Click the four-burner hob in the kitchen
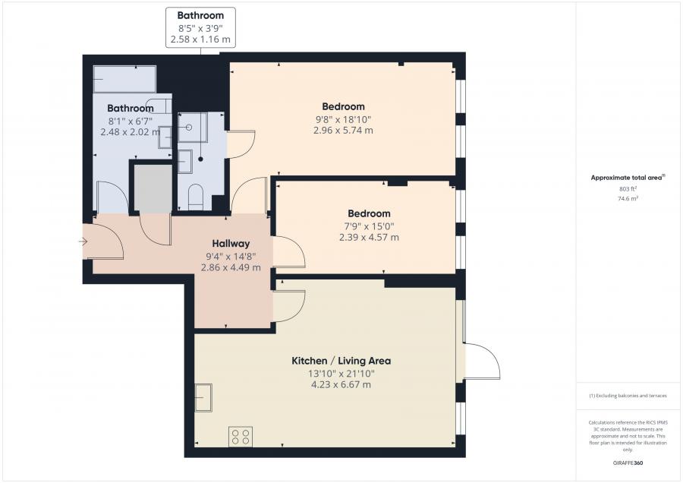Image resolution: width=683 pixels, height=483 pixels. click(x=241, y=437)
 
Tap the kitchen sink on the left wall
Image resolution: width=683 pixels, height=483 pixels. click(x=204, y=397)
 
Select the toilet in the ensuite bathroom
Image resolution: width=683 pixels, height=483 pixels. click(x=194, y=196)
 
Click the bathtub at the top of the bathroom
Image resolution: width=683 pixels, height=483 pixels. click(x=124, y=79)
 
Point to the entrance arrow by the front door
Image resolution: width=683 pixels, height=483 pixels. click(x=83, y=242)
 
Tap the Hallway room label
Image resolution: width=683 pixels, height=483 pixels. click(x=231, y=244)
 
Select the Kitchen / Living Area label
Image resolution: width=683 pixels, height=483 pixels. click(x=341, y=361)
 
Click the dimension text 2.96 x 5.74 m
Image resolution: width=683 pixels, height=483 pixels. click(x=343, y=131)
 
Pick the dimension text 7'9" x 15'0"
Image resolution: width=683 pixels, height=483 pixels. click(x=369, y=226)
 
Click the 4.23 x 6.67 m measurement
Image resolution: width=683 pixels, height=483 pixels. click(x=341, y=385)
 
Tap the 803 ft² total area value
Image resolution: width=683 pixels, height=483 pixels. click(x=628, y=188)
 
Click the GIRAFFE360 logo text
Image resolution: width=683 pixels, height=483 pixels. click(x=628, y=462)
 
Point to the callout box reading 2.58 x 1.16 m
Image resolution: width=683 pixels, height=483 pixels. click(x=200, y=38)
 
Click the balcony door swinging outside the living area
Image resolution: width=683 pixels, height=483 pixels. click(x=483, y=361)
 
